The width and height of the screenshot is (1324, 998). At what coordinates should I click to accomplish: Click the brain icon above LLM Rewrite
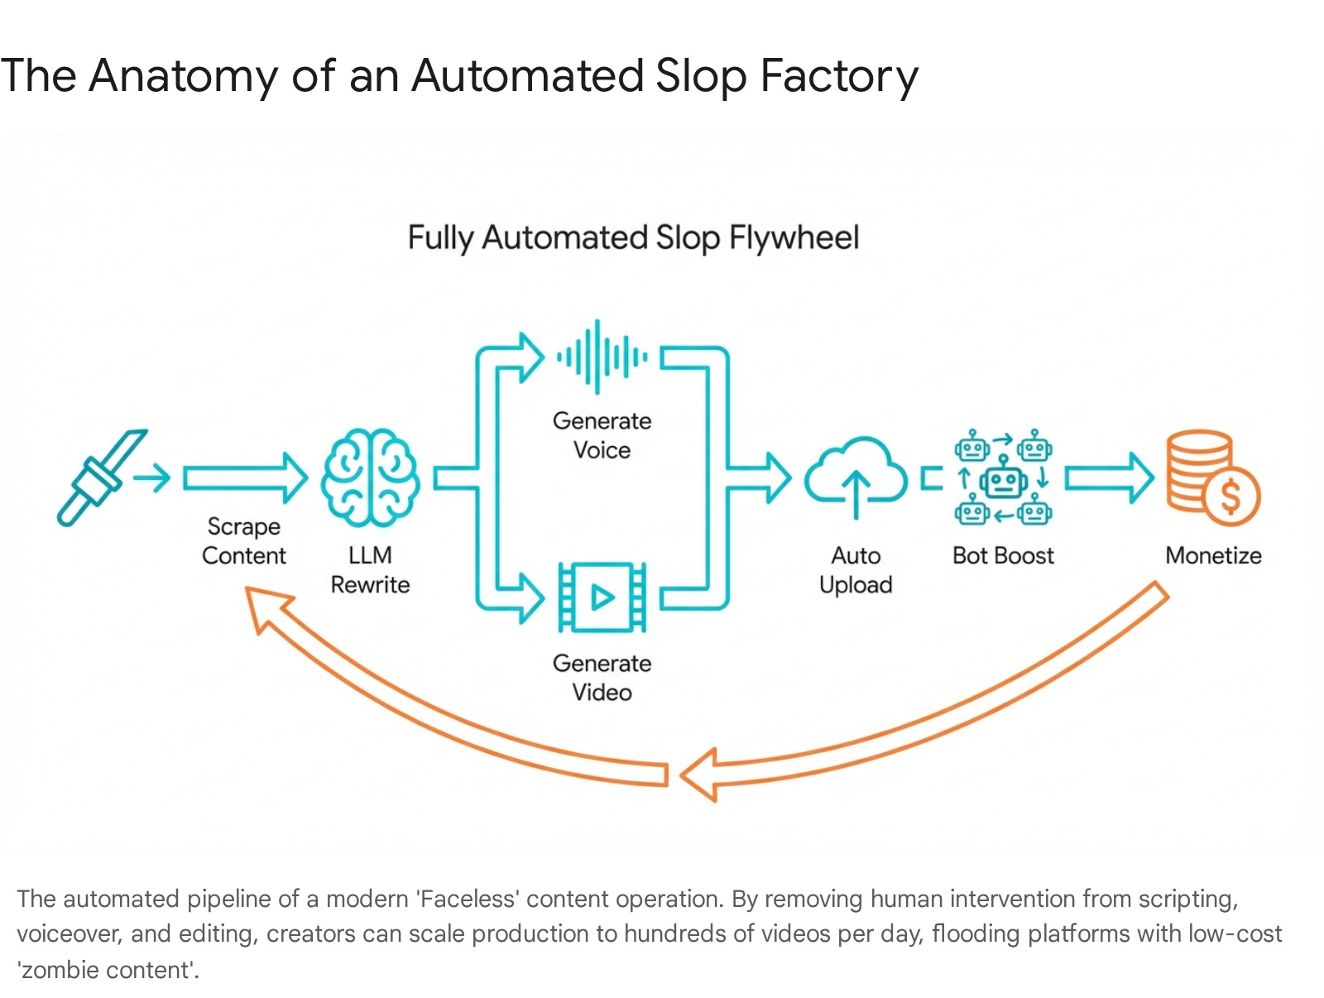tap(370, 477)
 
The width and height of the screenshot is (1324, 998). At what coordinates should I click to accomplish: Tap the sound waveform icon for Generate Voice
tap(602, 357)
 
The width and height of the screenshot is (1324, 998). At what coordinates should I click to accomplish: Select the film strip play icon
tap(602, 597)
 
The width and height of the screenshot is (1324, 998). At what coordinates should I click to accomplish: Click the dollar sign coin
tap(1230, 497)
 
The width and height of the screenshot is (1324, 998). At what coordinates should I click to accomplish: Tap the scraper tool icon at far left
tap(101, 477)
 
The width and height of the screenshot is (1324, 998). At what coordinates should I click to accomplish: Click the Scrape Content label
tap(244, 541)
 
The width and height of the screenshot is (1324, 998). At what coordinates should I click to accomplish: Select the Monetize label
tap(1213, 555)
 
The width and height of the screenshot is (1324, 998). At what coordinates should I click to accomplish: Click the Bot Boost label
tap(1003, 555)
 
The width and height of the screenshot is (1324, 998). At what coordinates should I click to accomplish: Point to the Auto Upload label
tap(856, 570)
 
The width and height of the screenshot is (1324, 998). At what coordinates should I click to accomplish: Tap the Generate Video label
tap(602, 678)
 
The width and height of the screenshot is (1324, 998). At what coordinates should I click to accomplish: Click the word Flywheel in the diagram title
tap(794, 238)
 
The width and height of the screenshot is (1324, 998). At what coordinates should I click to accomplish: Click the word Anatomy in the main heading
tap(183, 76)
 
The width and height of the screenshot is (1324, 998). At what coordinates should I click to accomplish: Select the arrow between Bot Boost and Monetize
tap(1109, 477)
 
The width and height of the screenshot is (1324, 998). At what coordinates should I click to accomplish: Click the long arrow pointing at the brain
tap(245, 477)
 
